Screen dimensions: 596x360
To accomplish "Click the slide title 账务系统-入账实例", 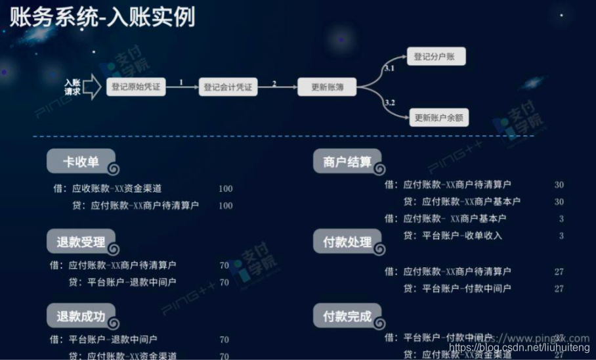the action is (102, 17).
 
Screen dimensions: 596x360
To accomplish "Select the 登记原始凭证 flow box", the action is (136, 87).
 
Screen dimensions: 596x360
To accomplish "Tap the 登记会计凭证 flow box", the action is (228, 87).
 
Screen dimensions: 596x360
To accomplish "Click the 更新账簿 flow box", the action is (327, 87).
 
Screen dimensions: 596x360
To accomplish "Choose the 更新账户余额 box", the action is (439, 119).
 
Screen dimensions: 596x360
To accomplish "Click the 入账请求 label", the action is (73, 87).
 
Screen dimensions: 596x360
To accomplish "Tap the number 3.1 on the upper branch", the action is (389, 68).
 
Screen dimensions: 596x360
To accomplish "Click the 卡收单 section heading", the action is (81, 162).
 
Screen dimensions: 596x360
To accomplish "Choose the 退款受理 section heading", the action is (81, 242).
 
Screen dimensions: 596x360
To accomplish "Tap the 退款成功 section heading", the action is (81, 316).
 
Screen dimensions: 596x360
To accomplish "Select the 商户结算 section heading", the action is (347, 162).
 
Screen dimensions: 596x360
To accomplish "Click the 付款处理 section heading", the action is (347, 242).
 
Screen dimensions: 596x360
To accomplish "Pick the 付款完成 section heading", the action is (347, 316).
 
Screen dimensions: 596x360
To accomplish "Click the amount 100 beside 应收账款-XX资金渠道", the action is (225, 189).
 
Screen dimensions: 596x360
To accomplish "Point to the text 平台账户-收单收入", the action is (461, 235).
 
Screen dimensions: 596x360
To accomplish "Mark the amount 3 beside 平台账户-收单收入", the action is (561, 235).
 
